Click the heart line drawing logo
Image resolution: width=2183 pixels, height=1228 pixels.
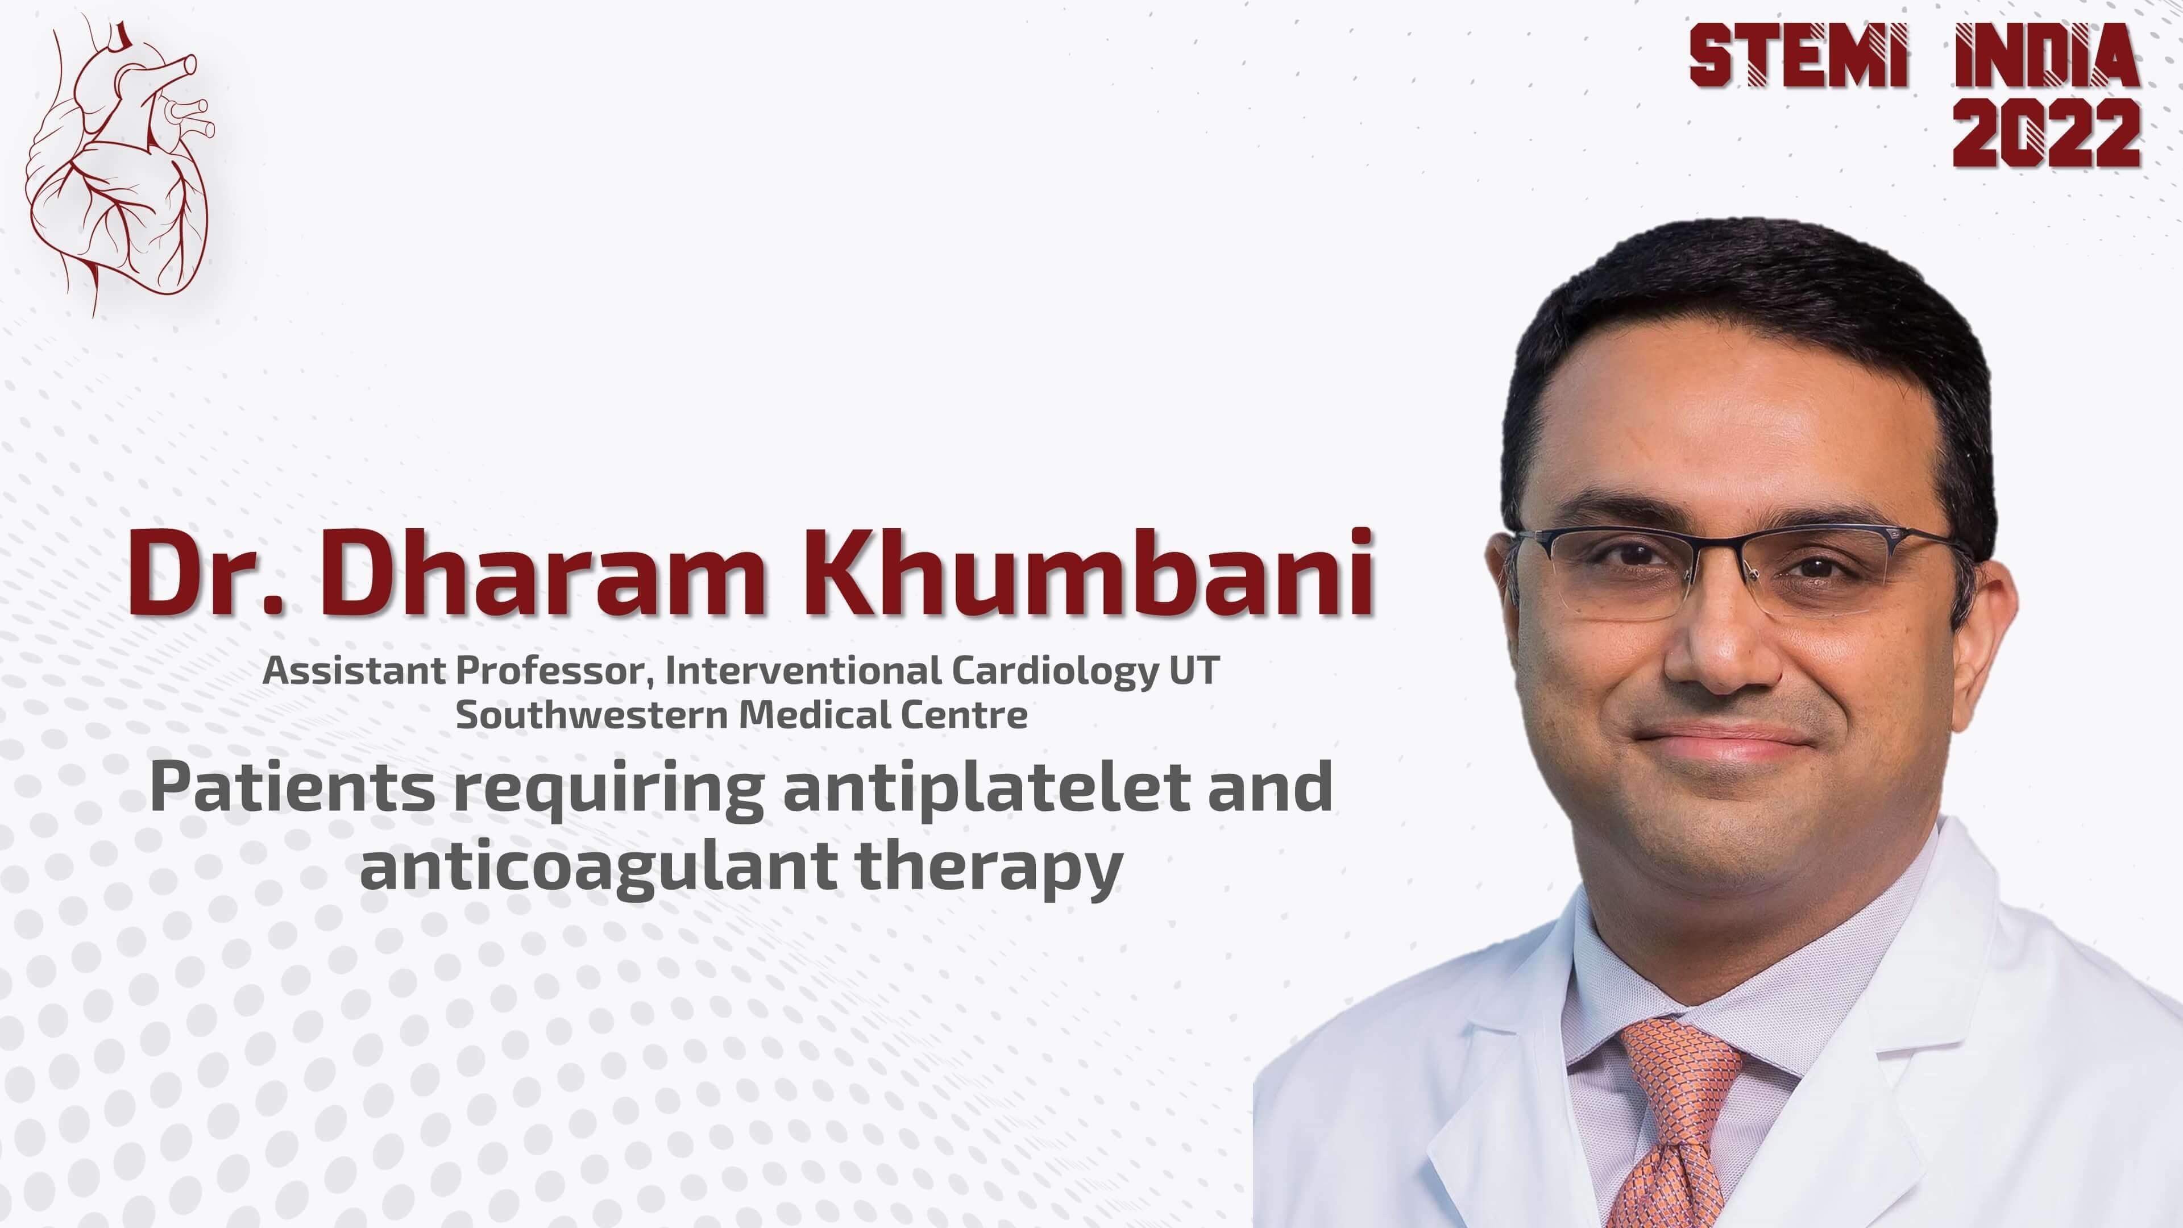(119, 161)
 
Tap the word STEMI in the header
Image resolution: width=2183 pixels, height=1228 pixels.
(1798, 55)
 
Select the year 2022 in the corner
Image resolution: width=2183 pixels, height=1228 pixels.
(2047, 133)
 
